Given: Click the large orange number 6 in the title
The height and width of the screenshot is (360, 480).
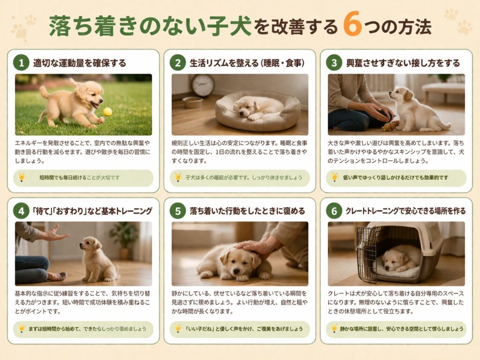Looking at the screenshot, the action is (x=352, y=24).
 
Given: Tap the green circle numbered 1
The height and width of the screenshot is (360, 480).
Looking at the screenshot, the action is (x=21, y=63).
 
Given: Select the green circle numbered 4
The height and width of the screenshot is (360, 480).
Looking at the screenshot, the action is (x=21, y=211).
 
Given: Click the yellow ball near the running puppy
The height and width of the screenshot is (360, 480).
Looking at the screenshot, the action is (x=107, y=112).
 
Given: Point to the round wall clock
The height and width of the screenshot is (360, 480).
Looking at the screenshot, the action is (x=203, y=85).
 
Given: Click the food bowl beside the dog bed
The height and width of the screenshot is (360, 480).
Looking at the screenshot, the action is (x=193, y=102).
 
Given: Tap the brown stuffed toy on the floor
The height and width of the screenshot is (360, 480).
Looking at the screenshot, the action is (x=389, y=127).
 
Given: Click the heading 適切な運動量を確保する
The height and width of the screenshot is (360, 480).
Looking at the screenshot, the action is (x=80, y=63).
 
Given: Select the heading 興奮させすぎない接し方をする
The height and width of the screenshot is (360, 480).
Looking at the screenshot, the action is (x=403, y=63).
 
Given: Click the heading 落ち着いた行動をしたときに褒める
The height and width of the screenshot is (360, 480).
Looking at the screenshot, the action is (x=247, y=211).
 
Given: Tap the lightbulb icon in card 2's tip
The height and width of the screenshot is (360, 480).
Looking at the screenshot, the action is (x=178, y=177).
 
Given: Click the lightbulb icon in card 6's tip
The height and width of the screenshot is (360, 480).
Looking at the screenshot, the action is (x=334, y=329).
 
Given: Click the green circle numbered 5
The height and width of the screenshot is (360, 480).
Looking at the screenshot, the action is (x=178, y=211).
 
